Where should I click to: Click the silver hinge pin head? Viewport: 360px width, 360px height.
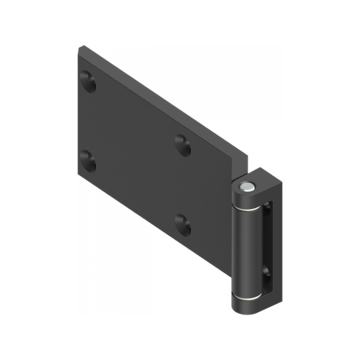click(x=246, y=185)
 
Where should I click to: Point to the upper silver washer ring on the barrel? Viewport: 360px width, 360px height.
click(x=247, y=208)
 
